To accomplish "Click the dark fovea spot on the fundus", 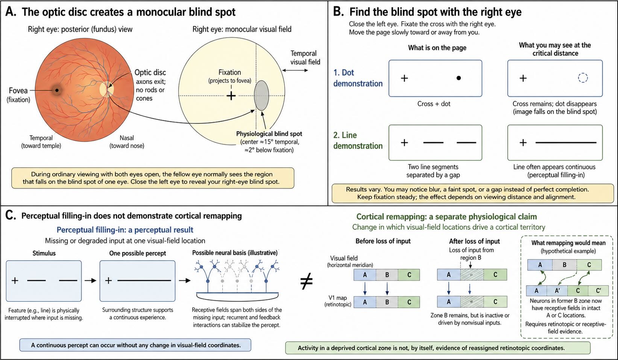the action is (x=57, y=90).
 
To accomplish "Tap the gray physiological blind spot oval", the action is (x=261, y=96).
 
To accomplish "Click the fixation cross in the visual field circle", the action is (x=231, y=96).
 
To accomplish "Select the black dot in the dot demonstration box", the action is (x=459, y=78).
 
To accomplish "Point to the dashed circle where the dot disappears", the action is (x=583, y=78).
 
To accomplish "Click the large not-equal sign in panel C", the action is (x=306, y=281).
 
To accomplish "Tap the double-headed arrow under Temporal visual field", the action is (x=295, y=70).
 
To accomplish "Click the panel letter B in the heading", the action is (x=338, y=12).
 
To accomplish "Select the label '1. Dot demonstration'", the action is (x=358, y=78).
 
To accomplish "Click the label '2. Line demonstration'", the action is (x=358, y=140).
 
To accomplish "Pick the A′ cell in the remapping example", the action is (x=557, y=291).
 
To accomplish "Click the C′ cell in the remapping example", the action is (x=598, y=291).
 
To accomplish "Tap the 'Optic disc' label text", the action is (x=150, y=73).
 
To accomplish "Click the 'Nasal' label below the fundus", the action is (x=127, y=138).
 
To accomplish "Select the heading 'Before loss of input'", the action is (x=383, y=241).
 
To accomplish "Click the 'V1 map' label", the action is (x=338, y=298).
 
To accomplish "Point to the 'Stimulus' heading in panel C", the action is (x=44, y=253).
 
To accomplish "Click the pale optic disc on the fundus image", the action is (x=106, y=89).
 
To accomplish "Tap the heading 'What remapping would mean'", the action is (x=568, y=243).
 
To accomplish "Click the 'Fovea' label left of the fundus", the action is (x=18, y=91).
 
